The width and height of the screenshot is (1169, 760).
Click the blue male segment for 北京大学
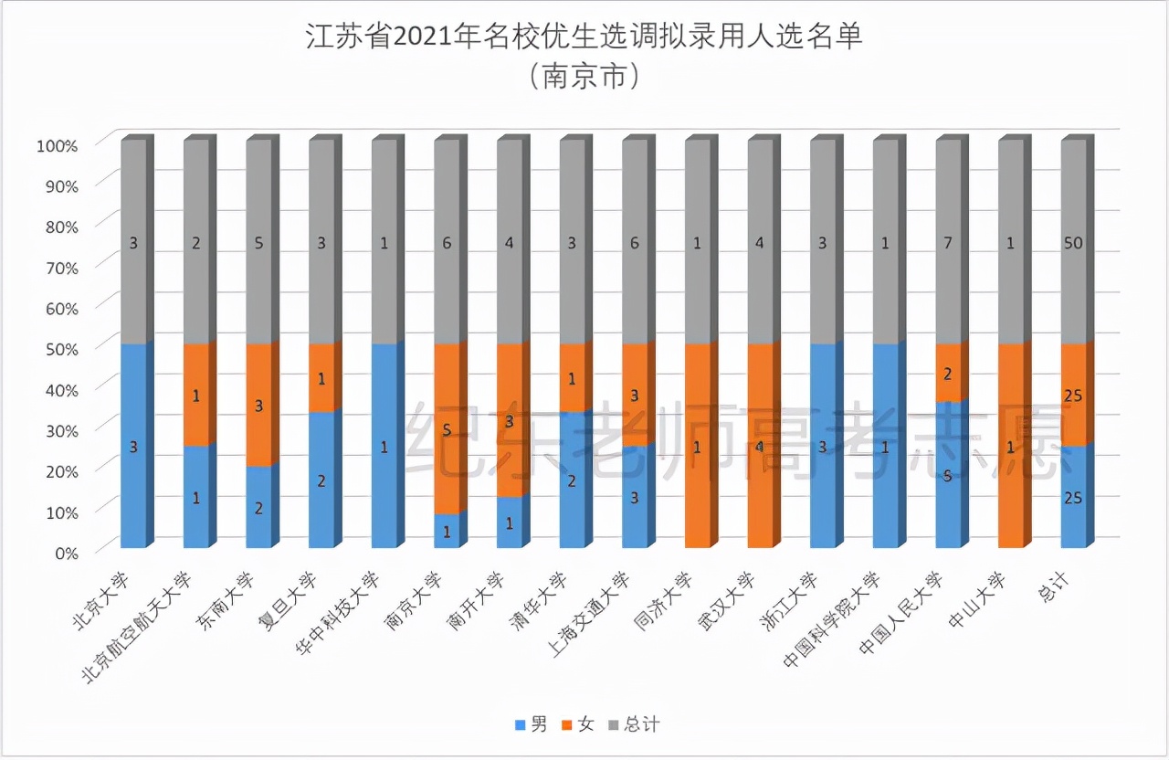(133, 446)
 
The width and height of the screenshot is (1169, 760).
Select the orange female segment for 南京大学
(447, 427)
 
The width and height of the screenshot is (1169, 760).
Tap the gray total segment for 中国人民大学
(948, 242)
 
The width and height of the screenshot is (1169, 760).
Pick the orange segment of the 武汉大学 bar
(760, 446)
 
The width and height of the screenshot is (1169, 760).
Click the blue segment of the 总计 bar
(1073, 497)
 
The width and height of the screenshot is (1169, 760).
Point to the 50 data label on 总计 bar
(1074, 243)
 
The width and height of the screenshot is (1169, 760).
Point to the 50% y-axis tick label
(59, 348)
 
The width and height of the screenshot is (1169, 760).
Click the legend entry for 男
(532, 724)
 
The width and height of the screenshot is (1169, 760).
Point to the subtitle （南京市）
(584, 77)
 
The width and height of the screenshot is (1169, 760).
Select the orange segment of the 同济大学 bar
(698, 446)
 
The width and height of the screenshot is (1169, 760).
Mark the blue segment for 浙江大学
(823, 446)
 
